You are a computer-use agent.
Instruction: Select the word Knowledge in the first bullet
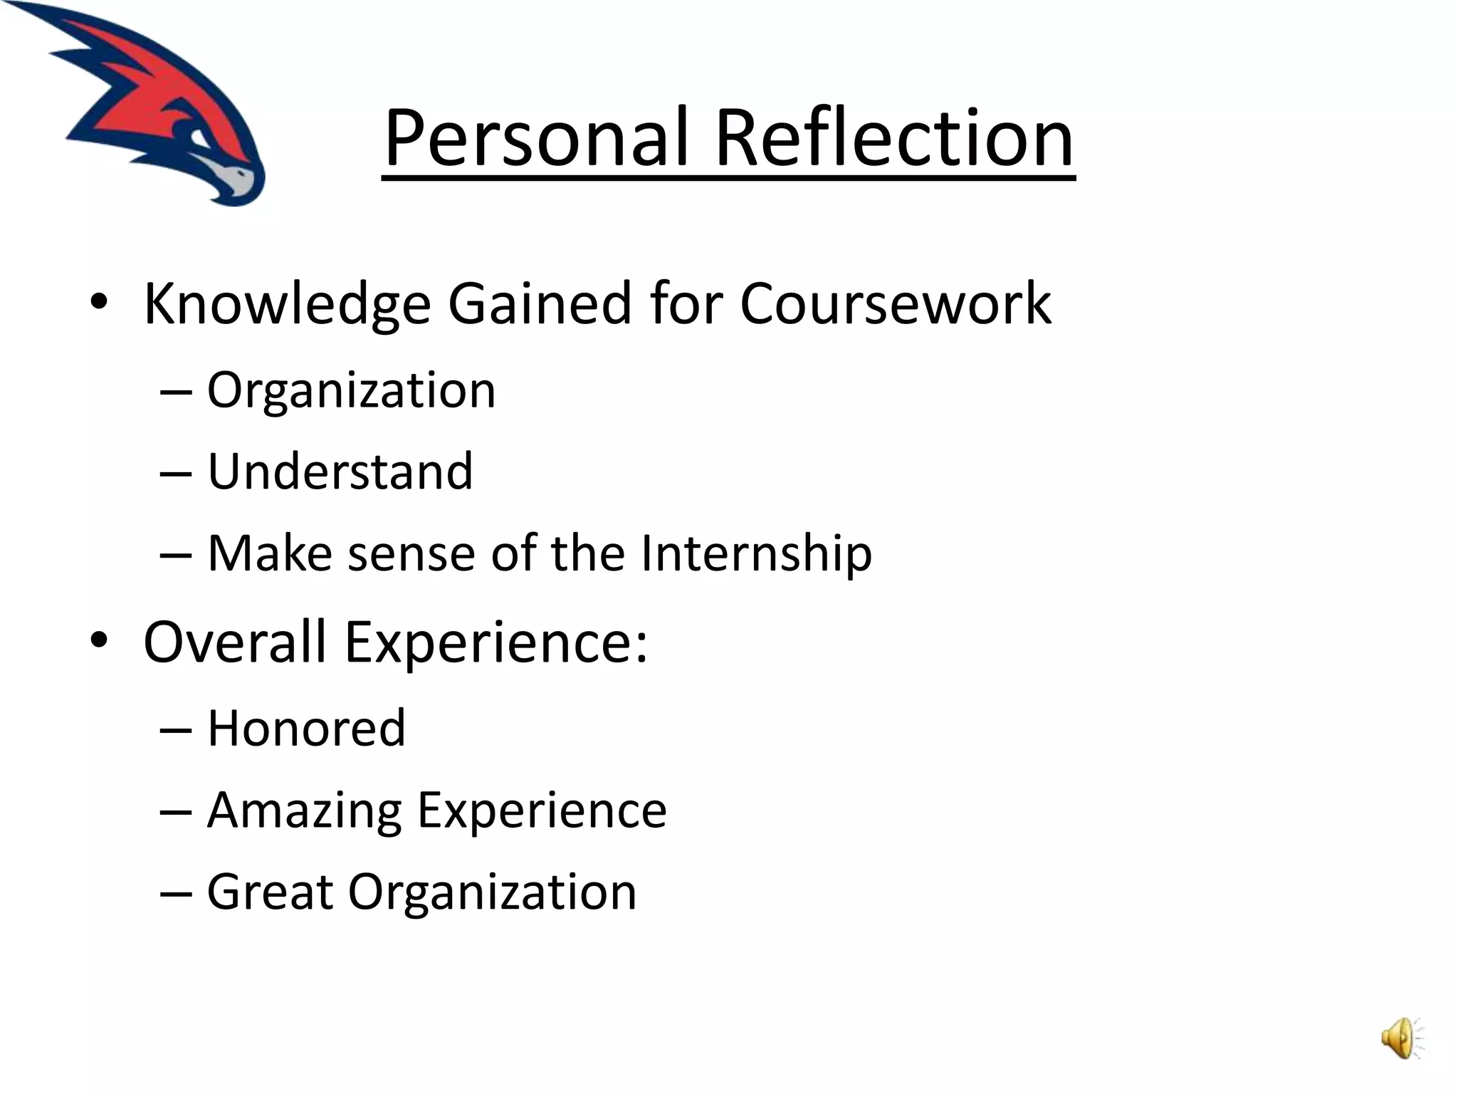point(287,304)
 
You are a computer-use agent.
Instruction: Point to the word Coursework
point(895,304)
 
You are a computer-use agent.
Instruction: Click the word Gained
point(540,304)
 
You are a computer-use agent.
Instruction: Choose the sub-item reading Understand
point(340,472)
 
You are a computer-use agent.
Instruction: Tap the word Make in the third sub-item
point(269,553)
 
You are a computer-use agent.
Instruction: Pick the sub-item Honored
point(306,728)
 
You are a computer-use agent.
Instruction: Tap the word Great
point(270,892)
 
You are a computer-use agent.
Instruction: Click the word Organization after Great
point(492,892)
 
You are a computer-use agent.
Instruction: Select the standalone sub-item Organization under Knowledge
point(351,390)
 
